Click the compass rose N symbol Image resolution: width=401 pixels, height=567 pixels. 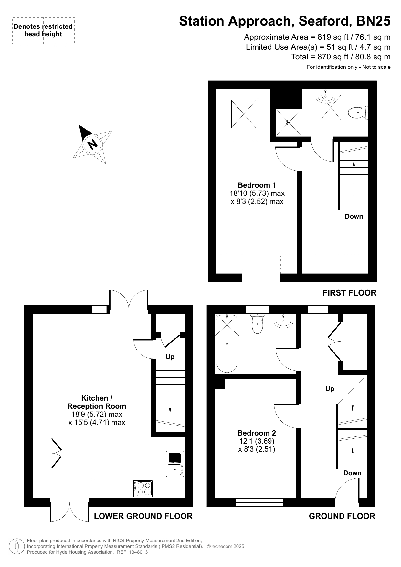pos(93,144)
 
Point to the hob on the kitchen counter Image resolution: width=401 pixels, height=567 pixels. pos(143,488)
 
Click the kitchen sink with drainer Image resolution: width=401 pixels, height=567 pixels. pos(175,464)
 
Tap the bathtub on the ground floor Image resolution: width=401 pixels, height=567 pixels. pos(227,343)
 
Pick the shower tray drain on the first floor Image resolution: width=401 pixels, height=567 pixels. pos(289,122)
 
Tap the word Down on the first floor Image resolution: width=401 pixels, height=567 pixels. pos(354,216)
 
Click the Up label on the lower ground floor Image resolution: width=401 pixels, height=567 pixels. pos(170,357)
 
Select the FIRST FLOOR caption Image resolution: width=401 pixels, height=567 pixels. pos(350,293)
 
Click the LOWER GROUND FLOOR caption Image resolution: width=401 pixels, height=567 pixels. pos(143,516)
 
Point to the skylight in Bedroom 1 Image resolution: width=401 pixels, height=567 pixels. pos(244,114)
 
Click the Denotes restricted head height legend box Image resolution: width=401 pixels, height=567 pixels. pos(43,31)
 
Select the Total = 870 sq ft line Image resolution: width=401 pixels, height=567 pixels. pos(341,57)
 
